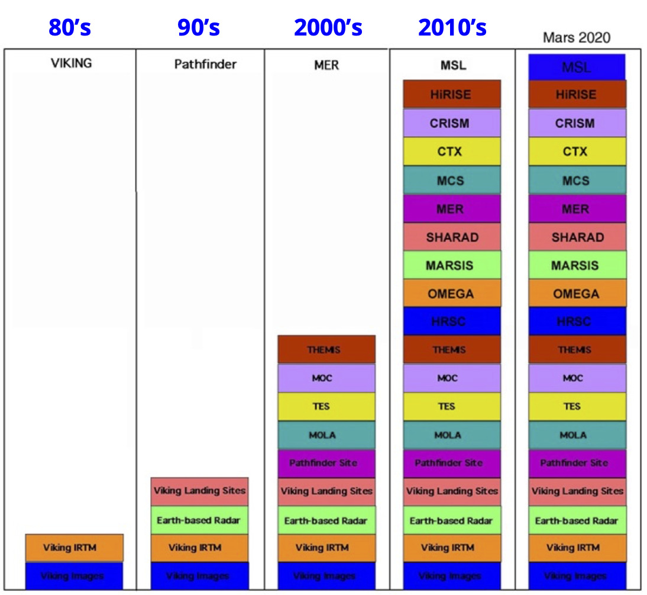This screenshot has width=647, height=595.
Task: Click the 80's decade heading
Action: click(70, 27)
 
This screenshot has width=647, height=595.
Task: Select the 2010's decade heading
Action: click(452, 27)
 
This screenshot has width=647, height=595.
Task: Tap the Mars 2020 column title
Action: click(576, 38)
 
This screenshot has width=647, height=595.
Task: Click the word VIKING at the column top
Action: click(72, 63)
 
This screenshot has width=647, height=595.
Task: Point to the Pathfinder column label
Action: click(205, 64)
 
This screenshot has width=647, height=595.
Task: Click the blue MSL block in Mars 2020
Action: click(577, 67)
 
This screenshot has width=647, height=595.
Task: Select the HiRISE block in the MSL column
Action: click(452, 95)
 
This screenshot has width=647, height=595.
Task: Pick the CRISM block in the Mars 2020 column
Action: click(577, 123)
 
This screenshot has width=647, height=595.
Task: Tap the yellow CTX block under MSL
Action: click(452, 152)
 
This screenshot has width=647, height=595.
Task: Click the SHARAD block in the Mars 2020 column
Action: click(577, 237)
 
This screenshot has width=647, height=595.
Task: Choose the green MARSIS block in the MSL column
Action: click(452, 266)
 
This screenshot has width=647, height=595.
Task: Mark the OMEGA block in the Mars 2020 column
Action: click(577, 294)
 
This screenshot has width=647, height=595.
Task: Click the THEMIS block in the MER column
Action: click(326, 350)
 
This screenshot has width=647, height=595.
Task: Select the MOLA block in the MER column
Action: click(326, 435)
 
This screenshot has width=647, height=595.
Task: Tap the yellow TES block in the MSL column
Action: click(452, 407)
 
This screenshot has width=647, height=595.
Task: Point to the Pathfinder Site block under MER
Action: click(326, 463)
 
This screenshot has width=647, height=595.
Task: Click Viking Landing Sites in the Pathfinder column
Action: click(199, 491)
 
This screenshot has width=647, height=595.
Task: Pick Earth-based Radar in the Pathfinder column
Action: click(199, 520)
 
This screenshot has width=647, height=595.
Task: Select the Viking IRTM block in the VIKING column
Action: click(74, 548)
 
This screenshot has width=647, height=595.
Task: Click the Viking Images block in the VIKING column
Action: click(74, 576)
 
